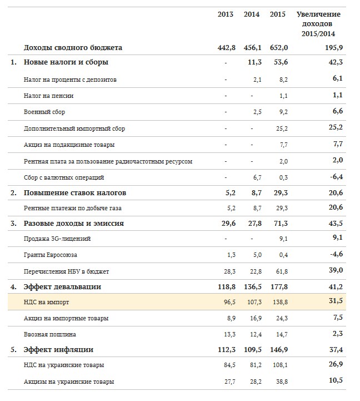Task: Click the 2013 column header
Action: click(x=226, y=14)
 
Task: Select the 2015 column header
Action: click(x=277, y=14)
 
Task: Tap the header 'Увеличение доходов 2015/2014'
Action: click(x=318, y=24)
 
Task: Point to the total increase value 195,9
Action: click(x=333, y=47)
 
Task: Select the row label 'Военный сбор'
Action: click(x=44, y=112)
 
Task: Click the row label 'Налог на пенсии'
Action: click(x=49, y=96)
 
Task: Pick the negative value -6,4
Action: click(x=335, y=177)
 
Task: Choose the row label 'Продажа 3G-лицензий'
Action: click(x=57, y=239)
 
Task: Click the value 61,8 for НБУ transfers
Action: click(x=282, y=271)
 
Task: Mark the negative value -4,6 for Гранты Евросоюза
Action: click(x=335, y=255)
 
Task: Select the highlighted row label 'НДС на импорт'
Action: click(x=46, y=302)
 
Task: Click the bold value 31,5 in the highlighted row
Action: click(x=335, y=302)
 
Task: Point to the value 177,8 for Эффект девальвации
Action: click(x=277, y=287)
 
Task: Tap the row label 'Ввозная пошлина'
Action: click(x=50, y=334)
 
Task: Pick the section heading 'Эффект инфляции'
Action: click(x=58, y=350)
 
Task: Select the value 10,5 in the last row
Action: click(x=335, y=382)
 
